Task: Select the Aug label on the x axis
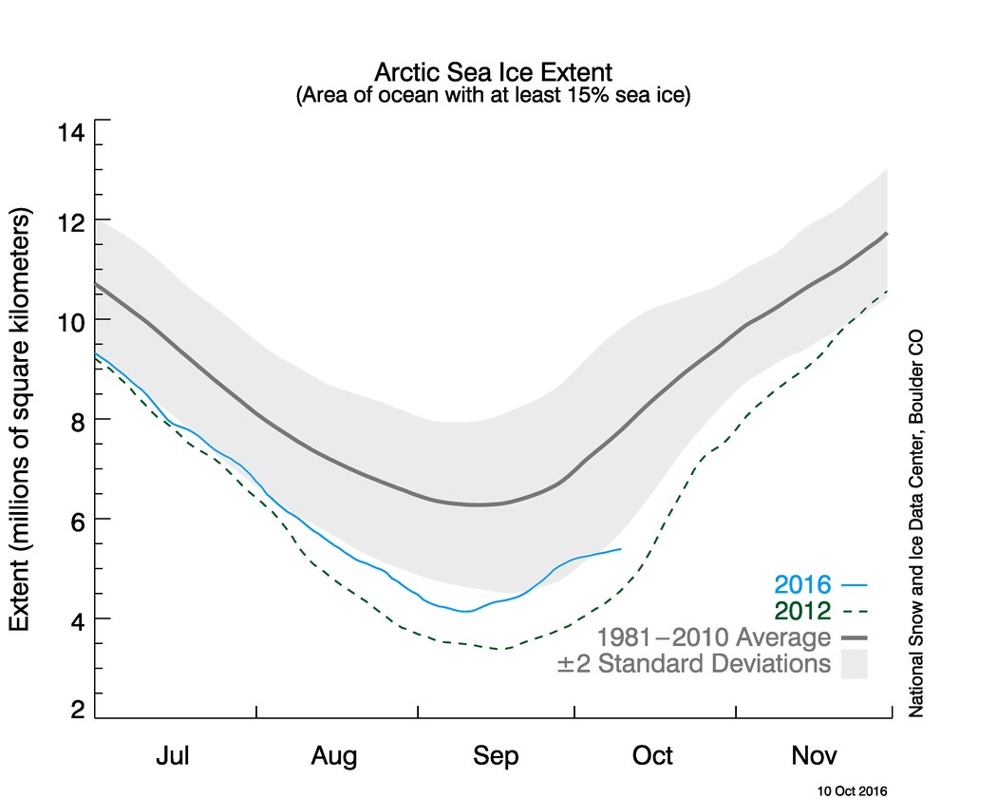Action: pos(333,756)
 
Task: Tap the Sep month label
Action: pos(495,756)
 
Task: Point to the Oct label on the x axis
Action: pos(653,756)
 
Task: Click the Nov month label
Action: pos(815,756)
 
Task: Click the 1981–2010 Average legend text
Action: pos(713,636)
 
